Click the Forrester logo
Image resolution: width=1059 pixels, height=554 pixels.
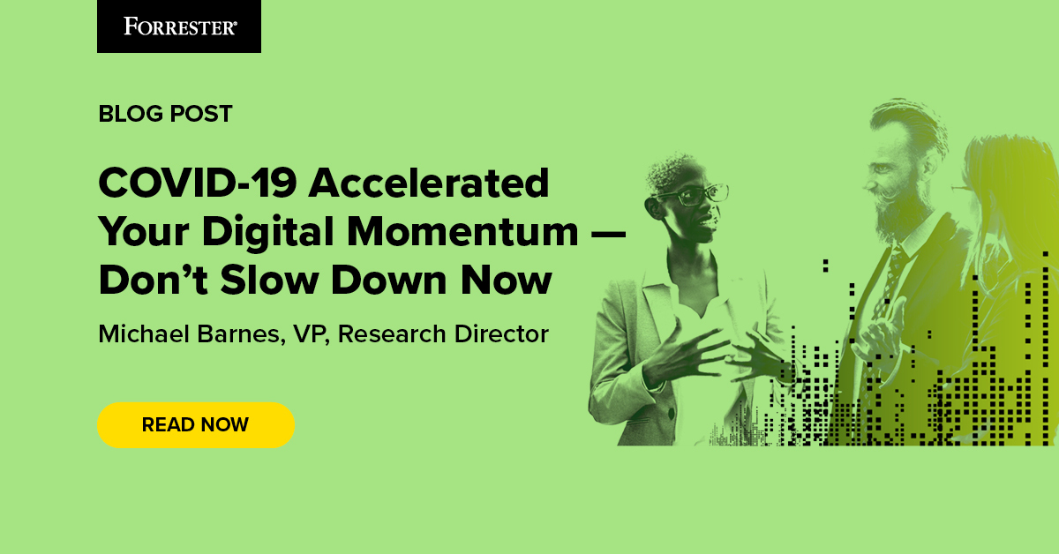point(179,26)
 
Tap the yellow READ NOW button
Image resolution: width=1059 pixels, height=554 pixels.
point(195,424)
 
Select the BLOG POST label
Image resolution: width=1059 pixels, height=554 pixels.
point(165,114)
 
